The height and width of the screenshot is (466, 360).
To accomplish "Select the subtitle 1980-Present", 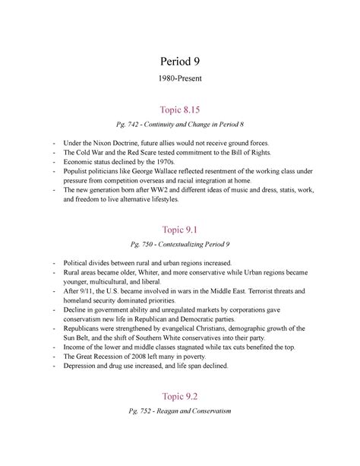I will tap(180, 80).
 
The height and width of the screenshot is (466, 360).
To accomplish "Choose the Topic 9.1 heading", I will tap(180, 231).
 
